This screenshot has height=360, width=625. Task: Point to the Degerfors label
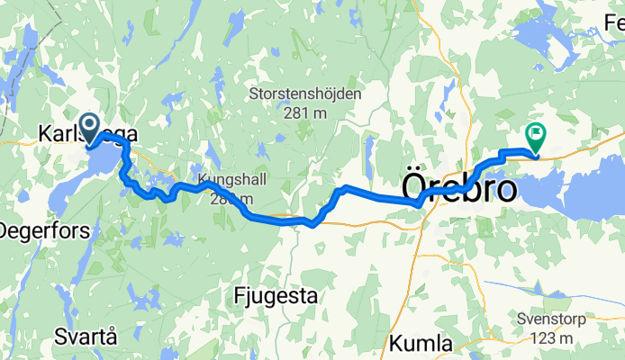43,230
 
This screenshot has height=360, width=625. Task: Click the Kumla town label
421,343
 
